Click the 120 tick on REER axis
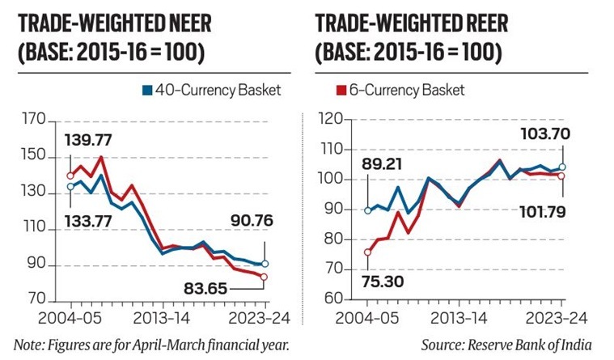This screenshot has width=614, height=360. point(331,120)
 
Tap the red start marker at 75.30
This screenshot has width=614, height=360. point(368,252)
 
